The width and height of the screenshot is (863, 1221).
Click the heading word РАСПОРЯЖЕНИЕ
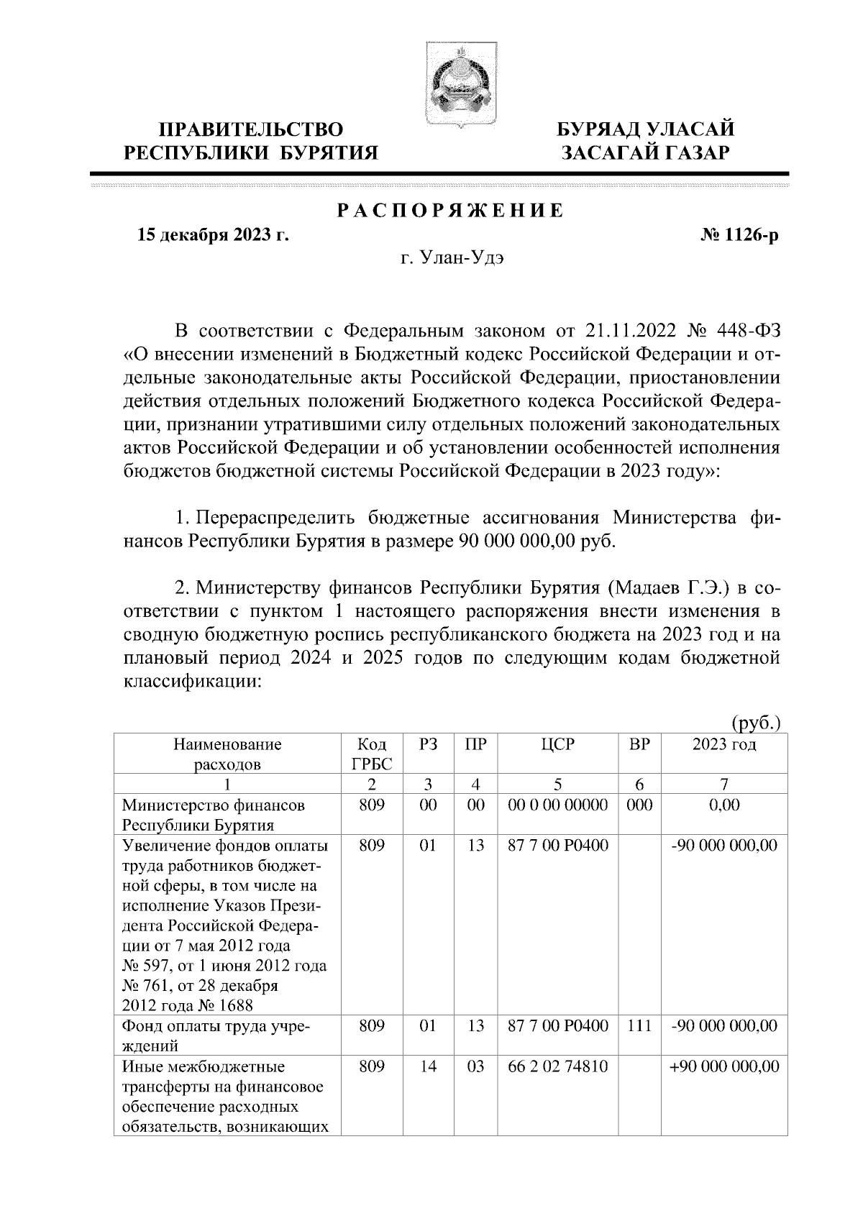click(x=450, y=211)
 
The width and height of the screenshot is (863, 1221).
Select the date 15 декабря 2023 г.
click(x=214, y=235)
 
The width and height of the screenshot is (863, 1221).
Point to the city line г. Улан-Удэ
click(x=452, y=258)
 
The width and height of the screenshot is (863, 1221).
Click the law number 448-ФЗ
click(x=749, y=331)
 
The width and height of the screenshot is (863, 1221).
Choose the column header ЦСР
click(x=558, y=745)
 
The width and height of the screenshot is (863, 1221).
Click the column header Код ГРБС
click(x=371, y=754)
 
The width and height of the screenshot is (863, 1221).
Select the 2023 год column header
click(x=724, y=745)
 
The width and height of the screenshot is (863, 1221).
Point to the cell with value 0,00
click(x=724, y=805)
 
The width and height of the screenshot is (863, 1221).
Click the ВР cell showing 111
click(x=639, y=1026)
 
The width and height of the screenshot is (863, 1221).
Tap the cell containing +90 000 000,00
click(x=724, y=1066)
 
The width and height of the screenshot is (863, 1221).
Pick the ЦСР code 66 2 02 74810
click(x=558, y=1066)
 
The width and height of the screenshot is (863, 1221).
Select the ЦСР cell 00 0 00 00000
click(x=558, y=805)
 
